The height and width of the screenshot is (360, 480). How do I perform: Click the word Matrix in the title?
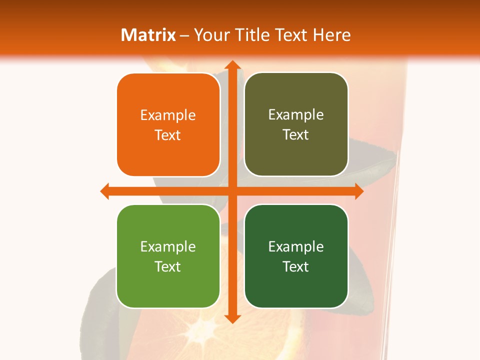(x=148, y=35)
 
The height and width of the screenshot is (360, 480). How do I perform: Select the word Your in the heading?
(x=210, y=35)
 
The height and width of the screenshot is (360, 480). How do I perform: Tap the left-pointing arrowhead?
(x=105, y=191)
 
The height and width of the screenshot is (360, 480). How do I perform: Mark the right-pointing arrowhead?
(x=359, y=191)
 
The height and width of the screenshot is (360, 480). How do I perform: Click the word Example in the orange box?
(x=168, y=115)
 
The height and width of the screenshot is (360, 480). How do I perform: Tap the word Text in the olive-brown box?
(x=295, y=135)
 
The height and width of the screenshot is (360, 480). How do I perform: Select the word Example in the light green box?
(x=168, y=246)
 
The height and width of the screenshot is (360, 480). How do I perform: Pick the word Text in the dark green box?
(x=295, y=266)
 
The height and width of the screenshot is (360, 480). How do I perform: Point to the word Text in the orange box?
(x=167, y=135)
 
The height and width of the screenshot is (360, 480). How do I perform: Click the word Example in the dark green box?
(x=296, y=246)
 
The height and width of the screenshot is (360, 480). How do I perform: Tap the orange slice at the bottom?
(x=210, y=335)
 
